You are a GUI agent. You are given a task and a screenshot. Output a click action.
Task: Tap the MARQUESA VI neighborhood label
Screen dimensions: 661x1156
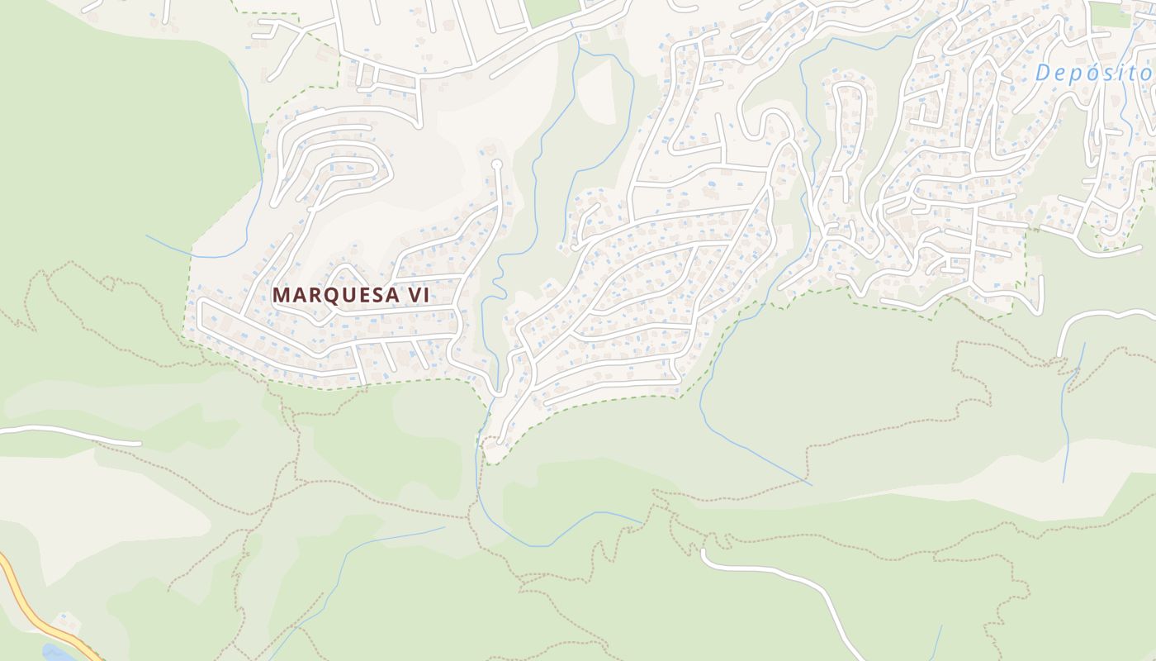tap(350, 295)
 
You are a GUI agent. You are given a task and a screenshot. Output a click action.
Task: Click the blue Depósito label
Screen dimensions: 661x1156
tap(1094, 73)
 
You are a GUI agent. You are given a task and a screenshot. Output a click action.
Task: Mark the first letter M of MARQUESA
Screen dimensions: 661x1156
tap(281, 295)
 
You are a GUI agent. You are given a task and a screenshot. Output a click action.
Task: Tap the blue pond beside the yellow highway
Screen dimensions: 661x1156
tap(54, 654)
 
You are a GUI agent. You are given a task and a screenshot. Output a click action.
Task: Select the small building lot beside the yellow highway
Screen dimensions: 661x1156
tap(65, 621)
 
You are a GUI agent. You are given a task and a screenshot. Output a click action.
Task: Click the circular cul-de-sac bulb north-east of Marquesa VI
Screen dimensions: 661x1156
tap(496, 165)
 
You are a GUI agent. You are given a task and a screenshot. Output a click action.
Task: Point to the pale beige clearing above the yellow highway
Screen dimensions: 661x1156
tap(99, 512)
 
